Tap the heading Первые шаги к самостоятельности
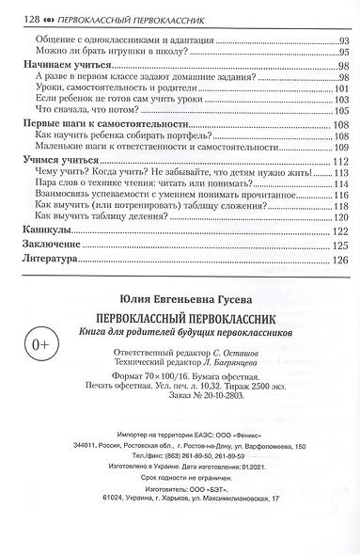pyautogui.click(x=102, y=126)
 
